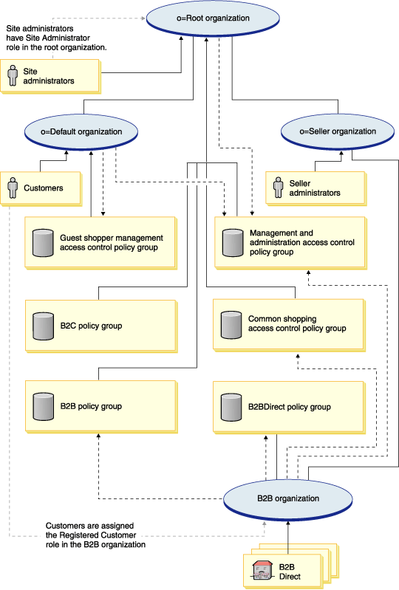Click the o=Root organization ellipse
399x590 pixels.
[213, 18]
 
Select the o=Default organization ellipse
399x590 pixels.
[81, 132]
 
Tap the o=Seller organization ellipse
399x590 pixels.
[338, 131]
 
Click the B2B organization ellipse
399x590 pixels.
[288, 498]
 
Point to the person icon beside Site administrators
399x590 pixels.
[13, 75]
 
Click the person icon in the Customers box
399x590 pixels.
[13, 188]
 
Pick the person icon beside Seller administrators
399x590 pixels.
[278, 188]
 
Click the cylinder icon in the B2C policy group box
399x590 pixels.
[44, 326]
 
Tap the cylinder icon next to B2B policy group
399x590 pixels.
[44, 407]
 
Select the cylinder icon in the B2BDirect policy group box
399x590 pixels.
[231, 407]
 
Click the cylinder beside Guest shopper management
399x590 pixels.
[44, 243]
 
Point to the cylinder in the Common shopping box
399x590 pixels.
[231, 325]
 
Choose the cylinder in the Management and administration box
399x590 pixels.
[233, 243]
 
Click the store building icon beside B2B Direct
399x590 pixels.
[262, 571]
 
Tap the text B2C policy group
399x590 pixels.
[91, 326]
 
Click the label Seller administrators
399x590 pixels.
[315, 188]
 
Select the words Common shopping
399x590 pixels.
[282, 319]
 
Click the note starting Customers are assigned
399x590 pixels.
[95, 535]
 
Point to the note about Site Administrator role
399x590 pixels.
[56, 38]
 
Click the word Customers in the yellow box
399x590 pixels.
[44, 188]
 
